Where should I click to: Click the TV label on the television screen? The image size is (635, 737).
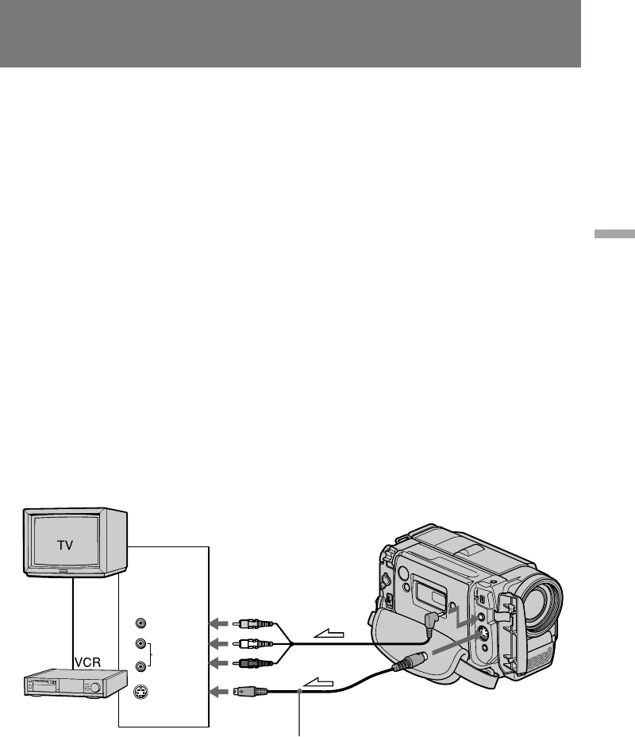[x=69, y=546]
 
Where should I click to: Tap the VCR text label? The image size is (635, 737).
[x=89, y=662]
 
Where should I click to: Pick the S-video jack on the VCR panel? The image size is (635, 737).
[x=140, y=693]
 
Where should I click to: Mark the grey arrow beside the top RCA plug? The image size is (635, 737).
[x=219, y=623]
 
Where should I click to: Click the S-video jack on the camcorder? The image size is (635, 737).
[x=482, y=635]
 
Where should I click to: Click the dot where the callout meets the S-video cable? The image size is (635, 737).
[x=300, y=693]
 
